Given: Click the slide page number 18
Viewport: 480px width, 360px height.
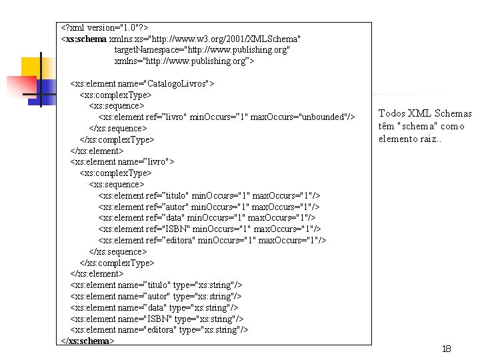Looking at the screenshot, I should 447,349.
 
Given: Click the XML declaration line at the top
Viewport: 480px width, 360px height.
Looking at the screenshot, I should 105,28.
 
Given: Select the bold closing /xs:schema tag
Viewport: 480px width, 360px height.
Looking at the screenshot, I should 88,341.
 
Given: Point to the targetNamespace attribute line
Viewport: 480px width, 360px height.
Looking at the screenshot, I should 202,50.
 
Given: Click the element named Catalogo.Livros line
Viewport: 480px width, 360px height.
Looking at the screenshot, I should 142,84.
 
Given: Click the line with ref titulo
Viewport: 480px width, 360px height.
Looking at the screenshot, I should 209,195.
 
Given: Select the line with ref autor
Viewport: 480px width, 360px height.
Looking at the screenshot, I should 208,207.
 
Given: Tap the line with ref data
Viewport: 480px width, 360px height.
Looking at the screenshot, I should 207,217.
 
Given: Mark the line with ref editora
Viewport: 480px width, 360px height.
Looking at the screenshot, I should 212,240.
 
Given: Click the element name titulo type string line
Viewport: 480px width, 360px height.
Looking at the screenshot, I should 156,285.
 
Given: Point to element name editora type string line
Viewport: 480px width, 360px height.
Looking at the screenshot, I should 159,330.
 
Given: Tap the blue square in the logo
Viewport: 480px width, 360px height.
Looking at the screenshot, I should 45,89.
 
